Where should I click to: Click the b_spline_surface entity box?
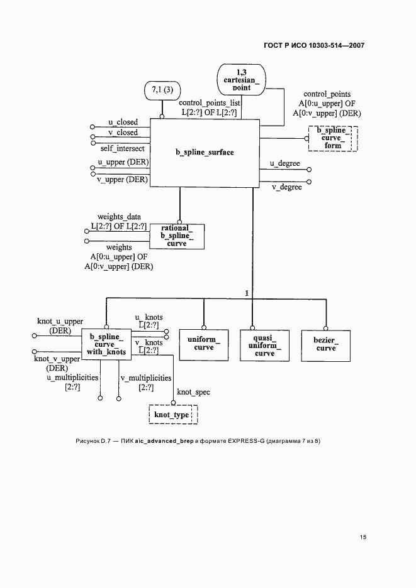pos(205,153)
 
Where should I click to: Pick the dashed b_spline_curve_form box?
pos(332,138)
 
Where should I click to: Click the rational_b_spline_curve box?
pos(177,236)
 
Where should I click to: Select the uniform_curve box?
pos(203,344)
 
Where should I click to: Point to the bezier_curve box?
pos(326,344)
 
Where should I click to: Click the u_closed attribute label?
pos(123,122)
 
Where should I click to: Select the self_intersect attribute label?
pos(122,148)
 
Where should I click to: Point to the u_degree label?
pos(284,163)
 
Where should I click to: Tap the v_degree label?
pos(286,187)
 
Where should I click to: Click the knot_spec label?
pos(193,392)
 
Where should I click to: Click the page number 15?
pos(363,537)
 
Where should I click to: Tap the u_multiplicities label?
pos(72,378)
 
